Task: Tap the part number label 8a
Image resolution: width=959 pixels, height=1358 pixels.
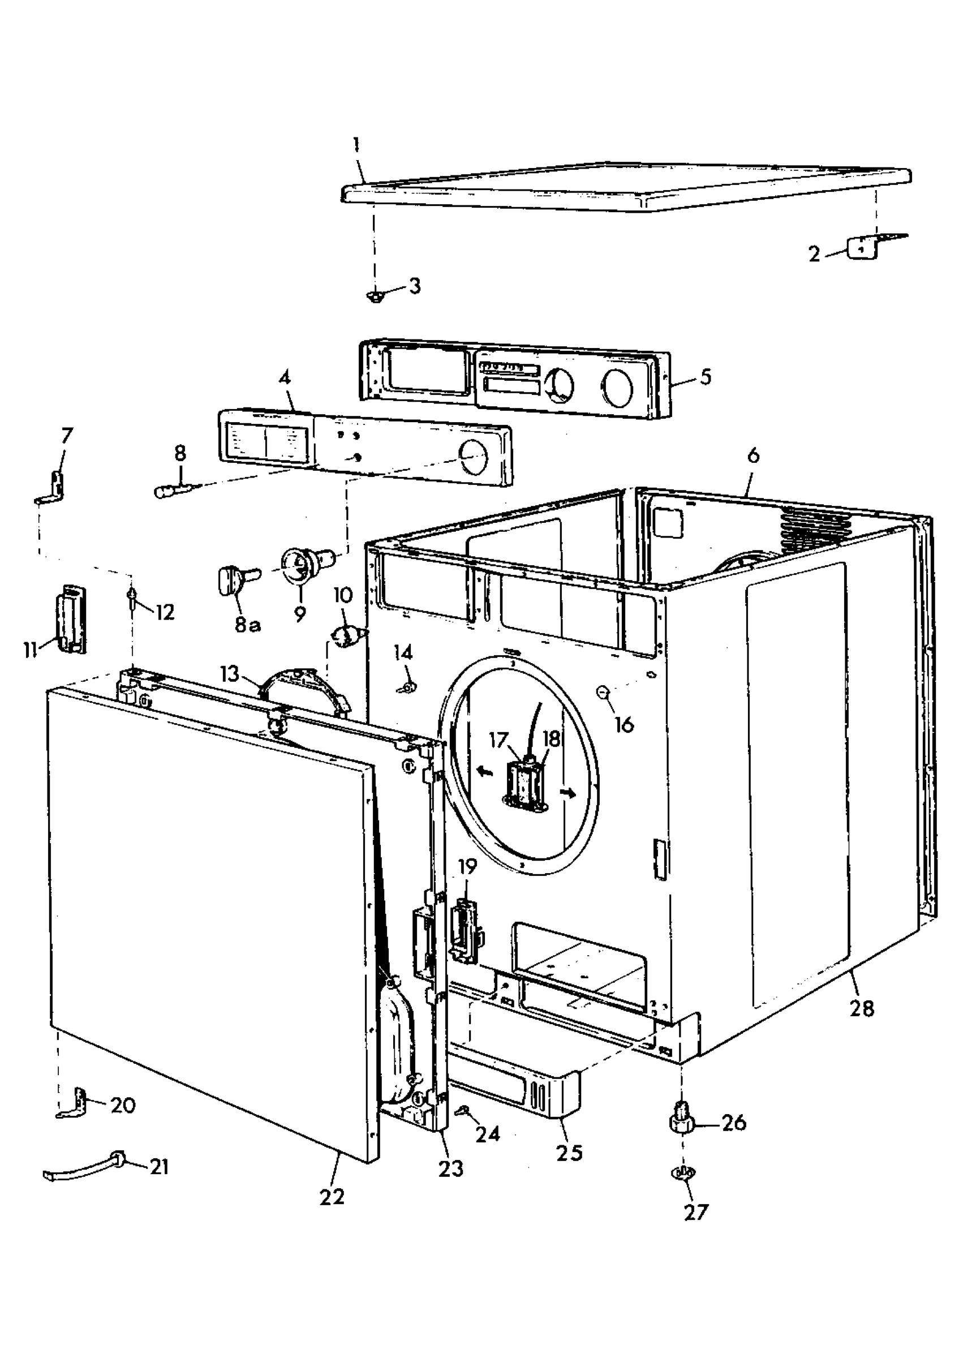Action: point(247,624)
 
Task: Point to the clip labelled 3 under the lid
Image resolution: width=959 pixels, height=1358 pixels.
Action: point(373,295)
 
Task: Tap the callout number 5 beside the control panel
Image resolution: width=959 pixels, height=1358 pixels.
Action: point(705,377)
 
